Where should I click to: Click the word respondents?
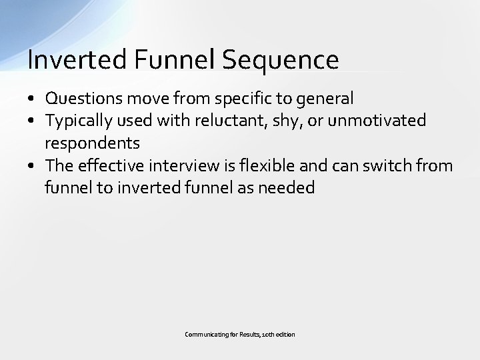[x=92, y=143]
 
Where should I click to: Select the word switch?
[x=381, y=165]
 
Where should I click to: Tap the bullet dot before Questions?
[x=31, y=99]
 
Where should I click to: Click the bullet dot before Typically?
[x=31, y=121]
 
